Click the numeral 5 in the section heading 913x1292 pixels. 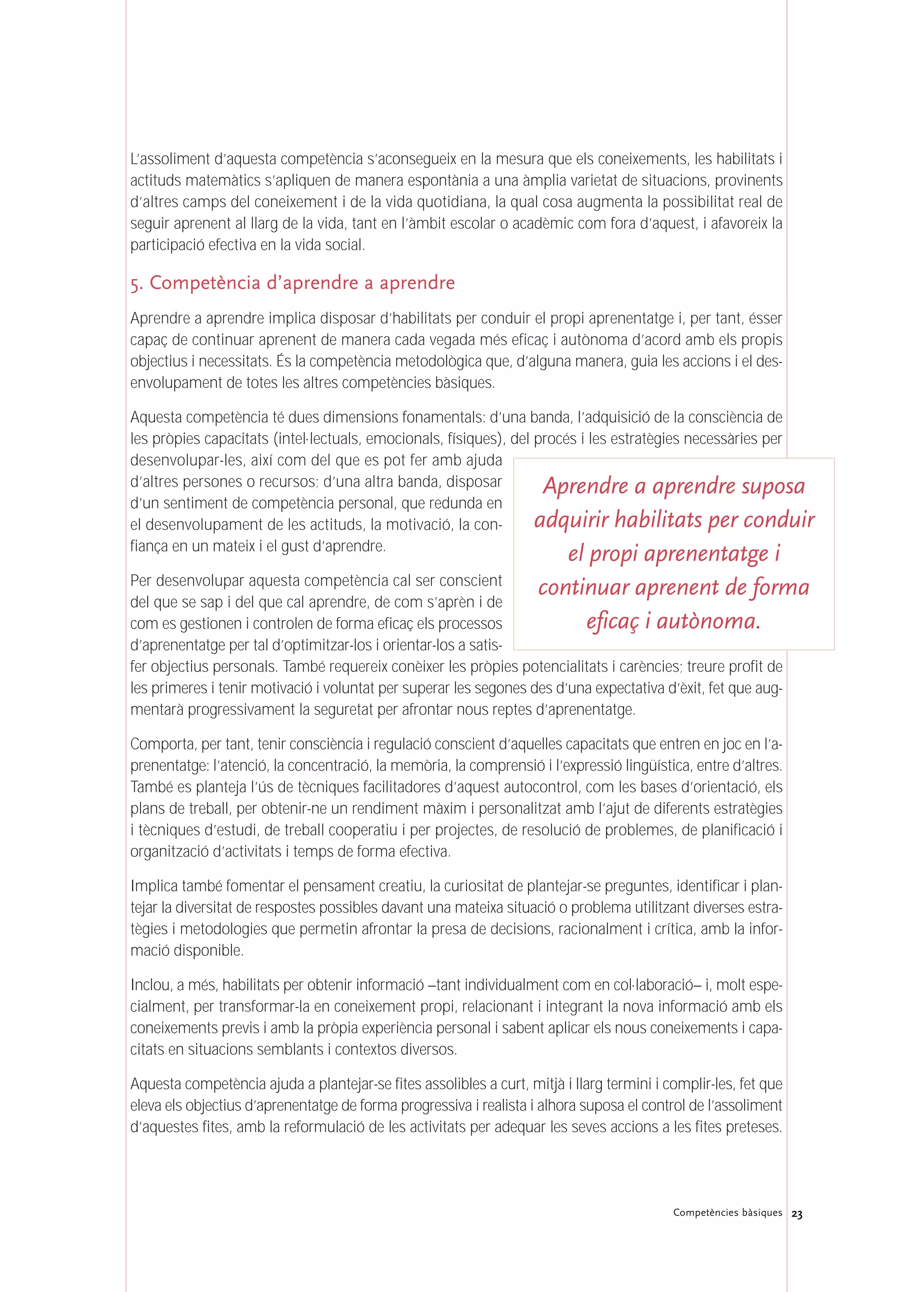(135, 284)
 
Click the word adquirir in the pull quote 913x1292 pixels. (571, 519)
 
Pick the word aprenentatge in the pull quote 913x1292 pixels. (706, 554)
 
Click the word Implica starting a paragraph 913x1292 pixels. (154, 886)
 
